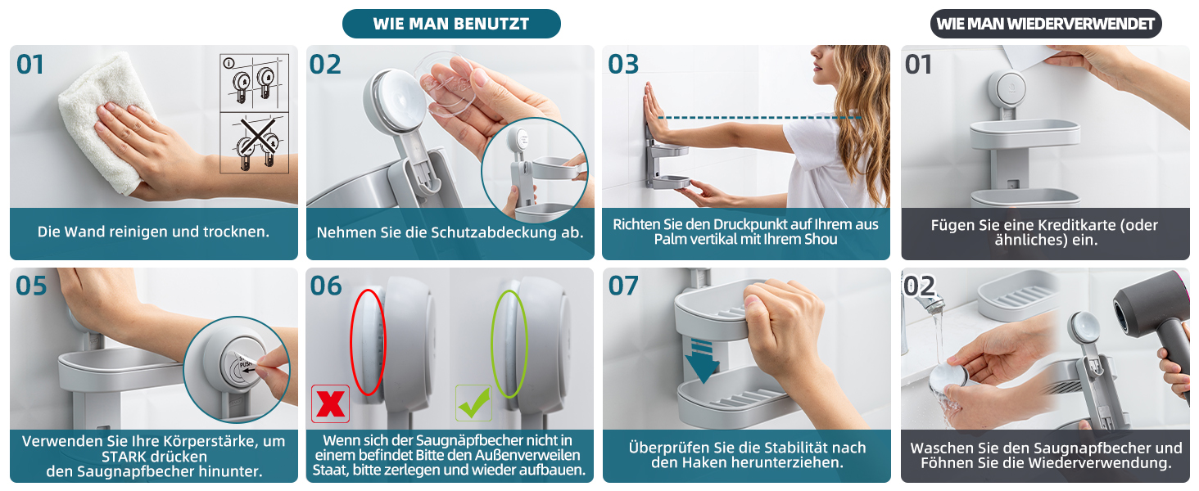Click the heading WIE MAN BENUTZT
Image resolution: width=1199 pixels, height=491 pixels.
point(451,24)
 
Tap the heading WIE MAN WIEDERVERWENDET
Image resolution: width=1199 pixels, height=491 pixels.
point(1045,24)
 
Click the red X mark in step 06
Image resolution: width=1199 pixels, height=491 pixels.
point(330,403)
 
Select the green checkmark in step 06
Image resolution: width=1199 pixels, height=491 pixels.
point(473,403)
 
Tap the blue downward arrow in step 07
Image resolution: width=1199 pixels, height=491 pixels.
point(702,362)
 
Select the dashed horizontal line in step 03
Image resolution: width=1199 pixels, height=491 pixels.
point(759,117)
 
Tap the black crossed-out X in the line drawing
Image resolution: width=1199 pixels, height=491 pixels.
point(257,137)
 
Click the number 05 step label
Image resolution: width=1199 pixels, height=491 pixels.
point(31,286)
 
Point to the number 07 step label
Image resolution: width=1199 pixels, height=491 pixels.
point(623,286)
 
